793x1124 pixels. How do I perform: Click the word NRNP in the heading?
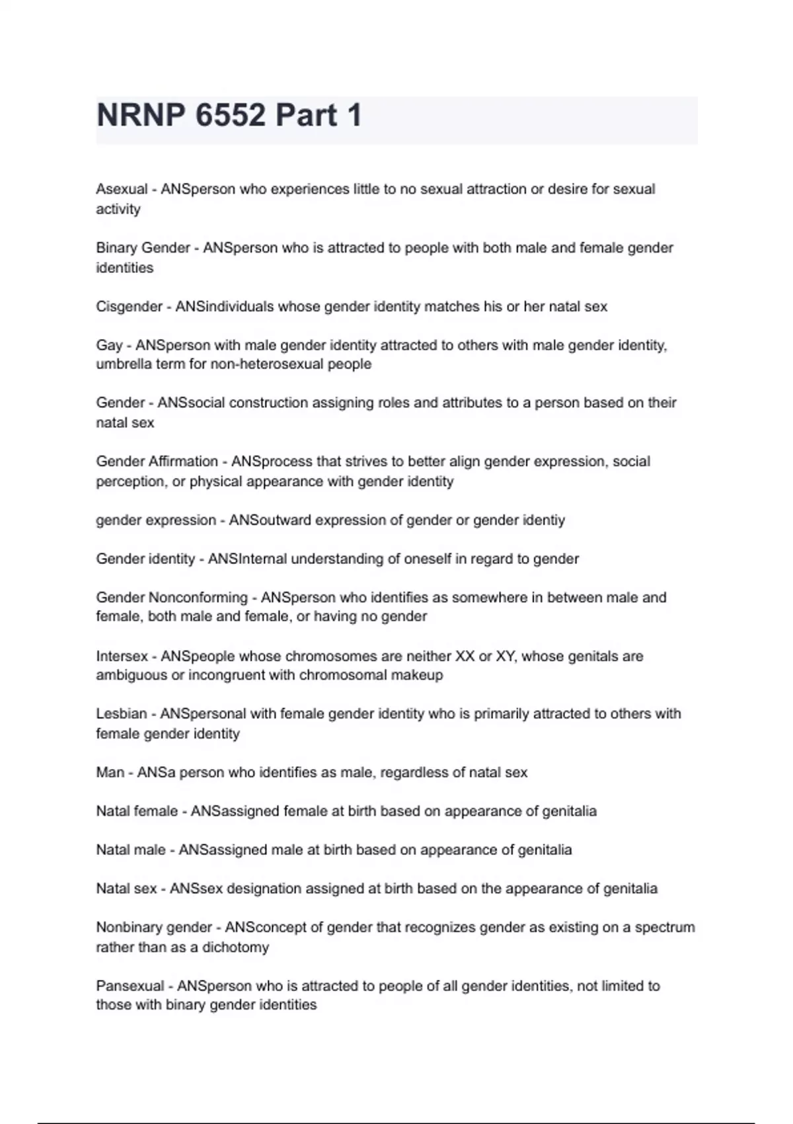pyautogui.click(x=141, y=116)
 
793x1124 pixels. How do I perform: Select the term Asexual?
pyautogui.click(x=122, y=189)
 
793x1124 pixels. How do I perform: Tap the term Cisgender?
pyautogui.click(x=129, y=307)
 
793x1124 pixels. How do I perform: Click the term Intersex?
pyautogui.click(x=122, y=657)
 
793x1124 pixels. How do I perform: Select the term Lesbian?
pyautogui.click(x=122, y=714)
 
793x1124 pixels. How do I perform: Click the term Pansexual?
pyautogui.click(x=130, y=986)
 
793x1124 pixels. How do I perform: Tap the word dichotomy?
pyautogui.click(x=235, y=947)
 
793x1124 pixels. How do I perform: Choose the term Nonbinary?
pyautogui.click(x=126, y=928)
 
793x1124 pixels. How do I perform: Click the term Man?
pyautogui.click(x=110, y=773)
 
